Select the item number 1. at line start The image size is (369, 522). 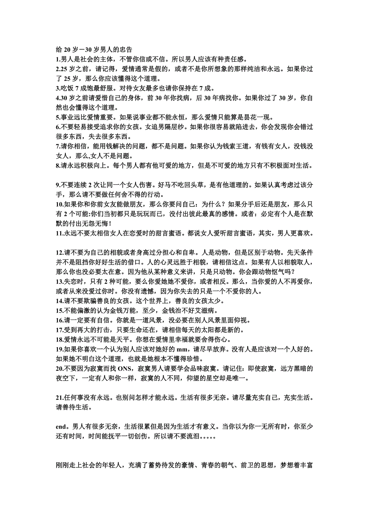[58, 59]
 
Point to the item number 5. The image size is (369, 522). [58, 117]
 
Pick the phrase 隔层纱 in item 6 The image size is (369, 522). [175, 127]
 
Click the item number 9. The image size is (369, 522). [58, 185]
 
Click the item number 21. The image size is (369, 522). [60, 398]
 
